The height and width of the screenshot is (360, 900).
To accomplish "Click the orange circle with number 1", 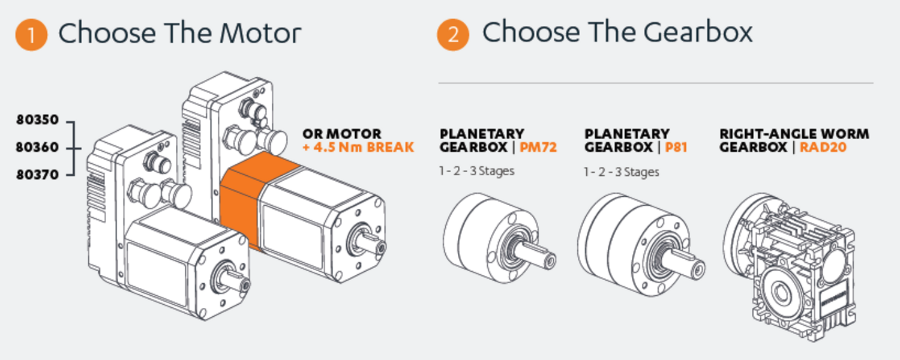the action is click(31, 35).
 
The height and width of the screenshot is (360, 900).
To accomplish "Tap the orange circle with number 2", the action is click(453, 35).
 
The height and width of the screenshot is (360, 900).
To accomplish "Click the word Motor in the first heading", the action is click(260, 34).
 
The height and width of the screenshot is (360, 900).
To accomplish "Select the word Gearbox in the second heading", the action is click(698, 32).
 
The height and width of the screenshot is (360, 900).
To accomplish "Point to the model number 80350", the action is click(37, 120).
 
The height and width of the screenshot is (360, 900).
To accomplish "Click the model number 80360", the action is click(37, 147).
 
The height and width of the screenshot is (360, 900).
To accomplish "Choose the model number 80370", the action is click(37, 175).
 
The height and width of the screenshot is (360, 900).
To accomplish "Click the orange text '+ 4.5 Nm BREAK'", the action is click(358, 147).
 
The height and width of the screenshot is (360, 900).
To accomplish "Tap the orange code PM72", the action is click(538, 147).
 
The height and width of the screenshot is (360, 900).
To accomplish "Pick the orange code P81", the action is click(676, 147).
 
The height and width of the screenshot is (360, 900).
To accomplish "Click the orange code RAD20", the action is click(823, 147).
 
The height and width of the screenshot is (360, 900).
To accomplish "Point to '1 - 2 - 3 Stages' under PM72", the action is click(476, 171).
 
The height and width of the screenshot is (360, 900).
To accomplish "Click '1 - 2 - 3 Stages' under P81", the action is click(621, 172).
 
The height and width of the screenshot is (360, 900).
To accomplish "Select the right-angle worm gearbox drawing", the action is click(790, 267).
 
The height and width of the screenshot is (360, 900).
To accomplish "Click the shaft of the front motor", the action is click(235, 280).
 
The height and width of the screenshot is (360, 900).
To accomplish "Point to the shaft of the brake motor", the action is click(371, 242).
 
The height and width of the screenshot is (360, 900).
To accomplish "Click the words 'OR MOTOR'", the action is click(342, 134).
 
